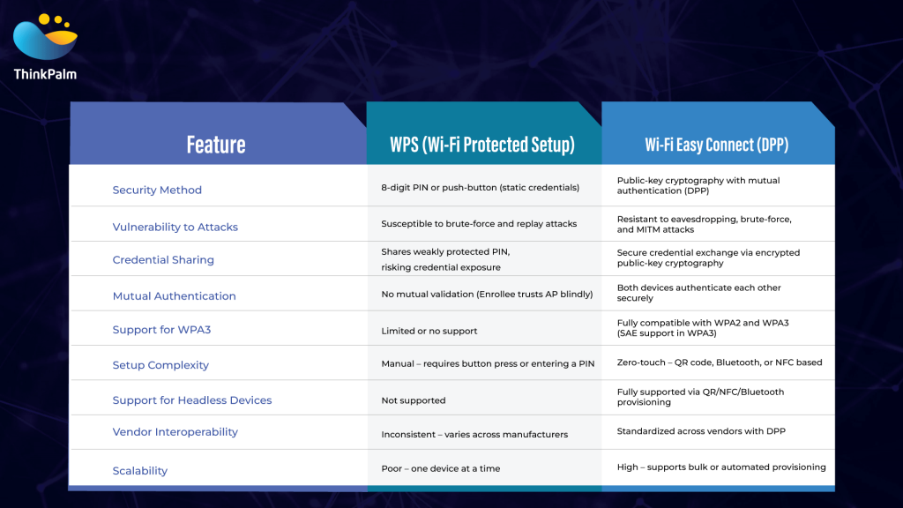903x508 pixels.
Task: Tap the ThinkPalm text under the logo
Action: pos(45,74)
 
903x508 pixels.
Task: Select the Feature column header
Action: pos(216,144)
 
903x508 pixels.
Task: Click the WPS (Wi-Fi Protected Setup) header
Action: pos(481,144)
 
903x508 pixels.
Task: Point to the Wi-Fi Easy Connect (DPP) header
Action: pos(716,144)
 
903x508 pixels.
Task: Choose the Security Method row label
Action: pos(157,190)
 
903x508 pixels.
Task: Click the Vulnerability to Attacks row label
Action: pos(175,227)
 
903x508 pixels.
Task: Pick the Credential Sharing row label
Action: pos(163,260)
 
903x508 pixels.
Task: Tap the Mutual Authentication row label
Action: pos(174,295)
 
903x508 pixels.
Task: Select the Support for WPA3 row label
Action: pos(161,330)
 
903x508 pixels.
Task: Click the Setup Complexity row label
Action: pos(160,365)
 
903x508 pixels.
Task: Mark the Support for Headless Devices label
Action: pos(191,400)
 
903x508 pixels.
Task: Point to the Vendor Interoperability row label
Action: pos(175,432)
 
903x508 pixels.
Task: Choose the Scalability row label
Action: pos(139,471)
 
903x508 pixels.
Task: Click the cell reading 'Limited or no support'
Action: pos(429,331)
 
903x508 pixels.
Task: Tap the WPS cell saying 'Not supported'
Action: pos(413,400)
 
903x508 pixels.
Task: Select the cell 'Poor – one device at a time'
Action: pos(440,468)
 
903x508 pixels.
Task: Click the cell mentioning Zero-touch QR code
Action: pos(719,362)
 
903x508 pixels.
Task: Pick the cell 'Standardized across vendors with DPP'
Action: pos(700,431)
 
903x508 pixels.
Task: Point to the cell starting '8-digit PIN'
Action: pos(480,187)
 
